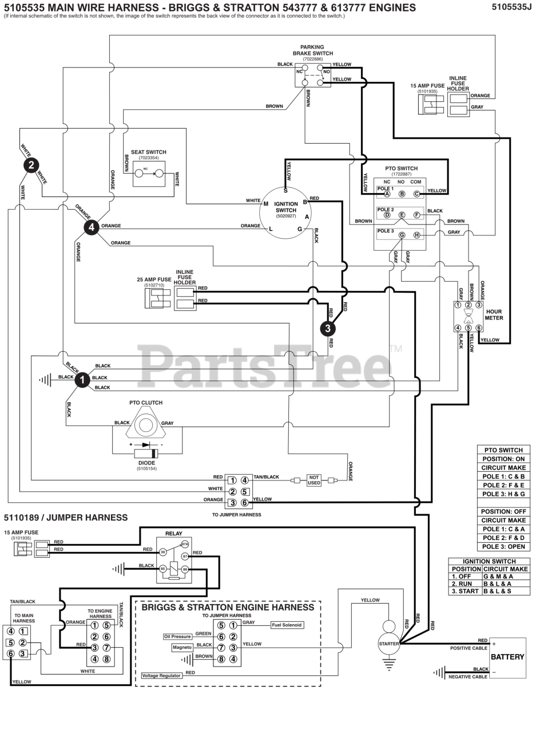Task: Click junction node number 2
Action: [31, 165]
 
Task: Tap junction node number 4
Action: [92, 227]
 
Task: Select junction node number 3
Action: [328, 328]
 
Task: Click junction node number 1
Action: [82, 380]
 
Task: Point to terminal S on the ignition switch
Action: [286, 191]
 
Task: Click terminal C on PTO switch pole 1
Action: [416, 194]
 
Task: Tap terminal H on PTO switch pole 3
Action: [416, 235]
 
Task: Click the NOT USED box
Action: [314, 480]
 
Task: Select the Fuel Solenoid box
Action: [287, 625]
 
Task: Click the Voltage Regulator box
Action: [162, 676]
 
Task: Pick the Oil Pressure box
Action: [177, 636]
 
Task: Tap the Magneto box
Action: [182, 648]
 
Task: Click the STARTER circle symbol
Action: [389, 644]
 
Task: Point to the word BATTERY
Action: [507, 657]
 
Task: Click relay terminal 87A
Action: [185, 545]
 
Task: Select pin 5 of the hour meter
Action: [468, 328]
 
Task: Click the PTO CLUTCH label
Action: [146, 403]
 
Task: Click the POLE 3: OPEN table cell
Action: [503, 546]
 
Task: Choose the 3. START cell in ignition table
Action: [465, 591]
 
